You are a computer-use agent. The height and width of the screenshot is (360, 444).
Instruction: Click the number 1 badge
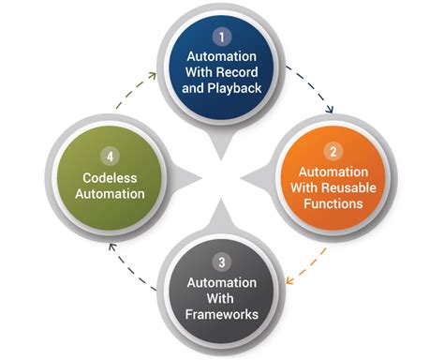pos(222,37)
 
